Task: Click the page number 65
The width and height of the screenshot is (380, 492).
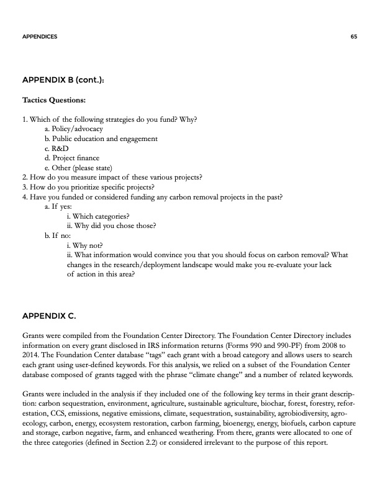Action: point(353,37)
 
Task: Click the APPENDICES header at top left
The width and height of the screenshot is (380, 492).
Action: point(40,37)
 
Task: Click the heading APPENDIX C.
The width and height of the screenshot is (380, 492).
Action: point(48,316)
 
